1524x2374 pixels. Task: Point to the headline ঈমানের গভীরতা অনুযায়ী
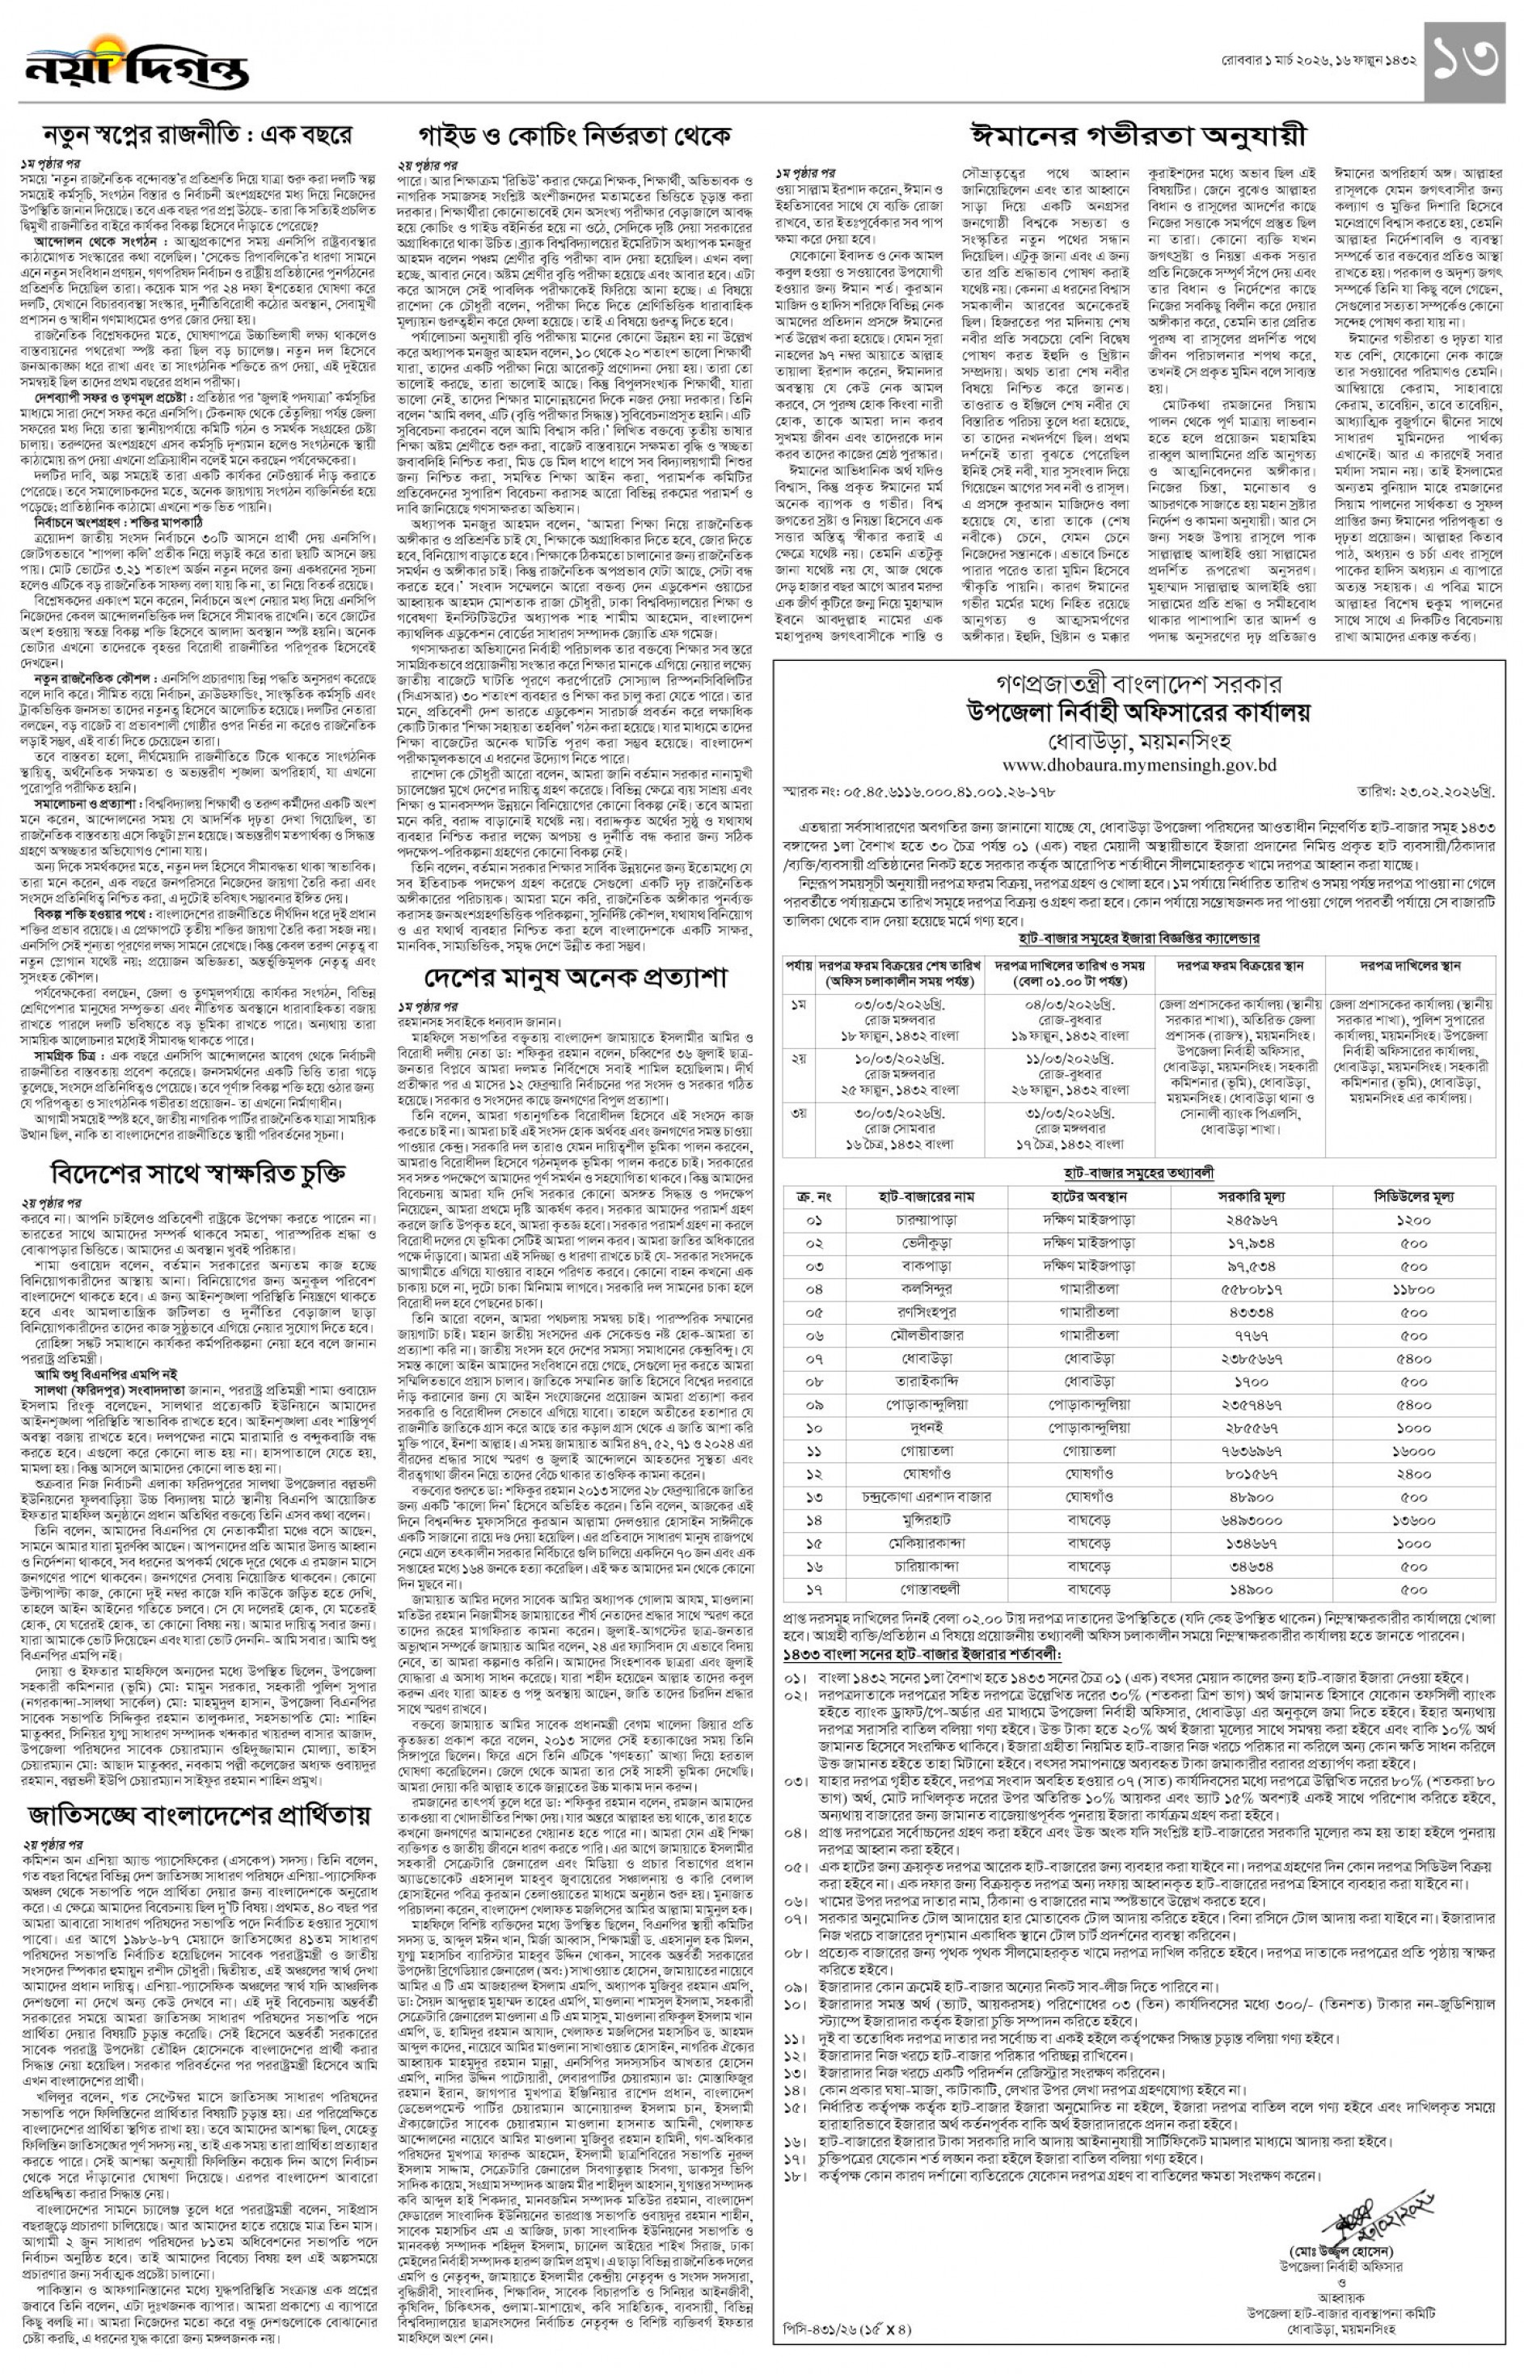tap(1137, 133)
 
